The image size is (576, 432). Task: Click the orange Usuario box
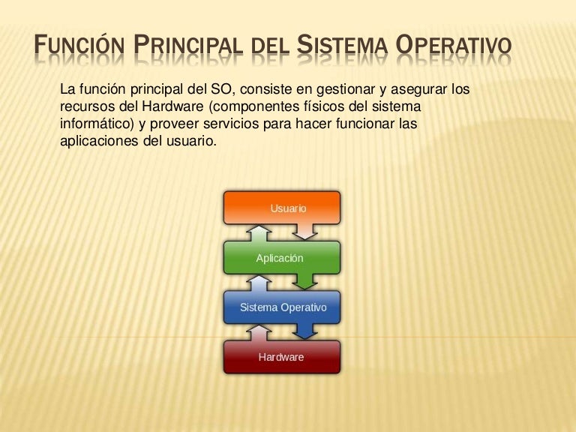tap(282, 208)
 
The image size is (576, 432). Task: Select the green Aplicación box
tap(282, 257)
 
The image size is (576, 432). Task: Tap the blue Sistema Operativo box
tap(282, 307)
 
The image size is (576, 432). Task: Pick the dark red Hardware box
tap(282, 357)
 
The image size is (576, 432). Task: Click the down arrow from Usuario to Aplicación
tap(305, 232)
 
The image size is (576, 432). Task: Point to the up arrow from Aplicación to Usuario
tap(259, 233)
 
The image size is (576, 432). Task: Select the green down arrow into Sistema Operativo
tap(305, 282)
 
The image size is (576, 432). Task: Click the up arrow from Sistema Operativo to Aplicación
tap(259, 283)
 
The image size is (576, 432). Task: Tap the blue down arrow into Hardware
tap(305, 331)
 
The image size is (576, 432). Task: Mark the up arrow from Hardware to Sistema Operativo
tap(259, 333)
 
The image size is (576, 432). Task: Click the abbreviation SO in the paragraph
tap(220, 89)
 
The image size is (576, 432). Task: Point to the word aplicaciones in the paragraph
tap(99, 142)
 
